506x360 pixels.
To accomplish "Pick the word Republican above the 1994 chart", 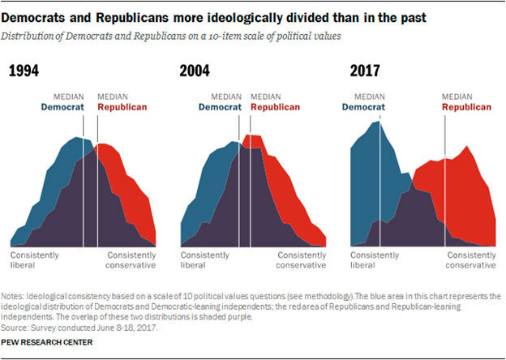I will click(124, 105).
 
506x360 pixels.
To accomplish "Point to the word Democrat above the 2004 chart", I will click(220, 105).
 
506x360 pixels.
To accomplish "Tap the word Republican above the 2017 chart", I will click(468, 105).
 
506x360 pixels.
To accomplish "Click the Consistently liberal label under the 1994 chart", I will click(36, 259).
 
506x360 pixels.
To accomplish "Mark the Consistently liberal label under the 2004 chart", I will click(206, 259).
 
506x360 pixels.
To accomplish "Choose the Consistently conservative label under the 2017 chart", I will click(471, 259).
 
